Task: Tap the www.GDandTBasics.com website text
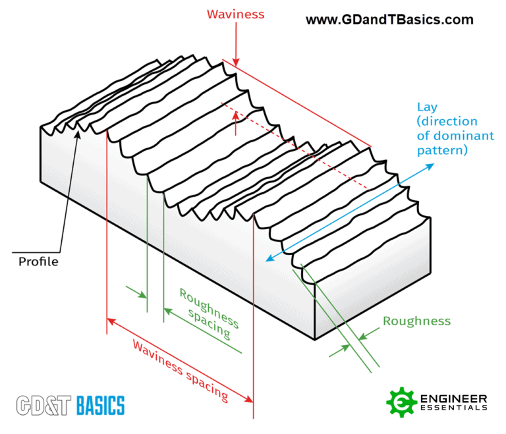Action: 389,20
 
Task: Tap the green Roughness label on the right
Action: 416,321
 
